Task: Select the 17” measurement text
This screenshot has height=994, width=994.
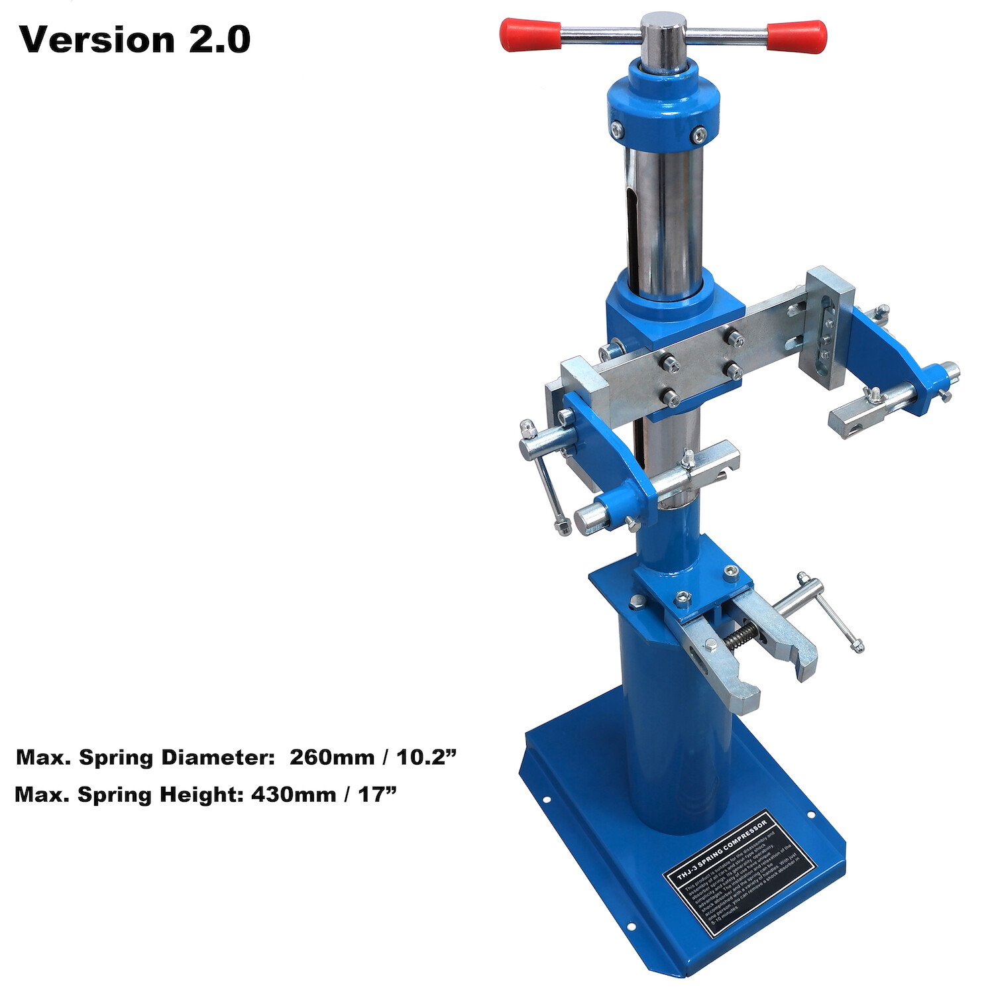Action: pyautogui.click(x=377, y=794)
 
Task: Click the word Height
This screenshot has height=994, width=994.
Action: pyautogui.click(x=202, y=794)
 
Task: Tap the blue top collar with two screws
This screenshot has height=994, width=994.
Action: pyautogui.click(x=663, y=109)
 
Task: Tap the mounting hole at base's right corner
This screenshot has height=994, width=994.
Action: pyautogui.click(x=810, y=814)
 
